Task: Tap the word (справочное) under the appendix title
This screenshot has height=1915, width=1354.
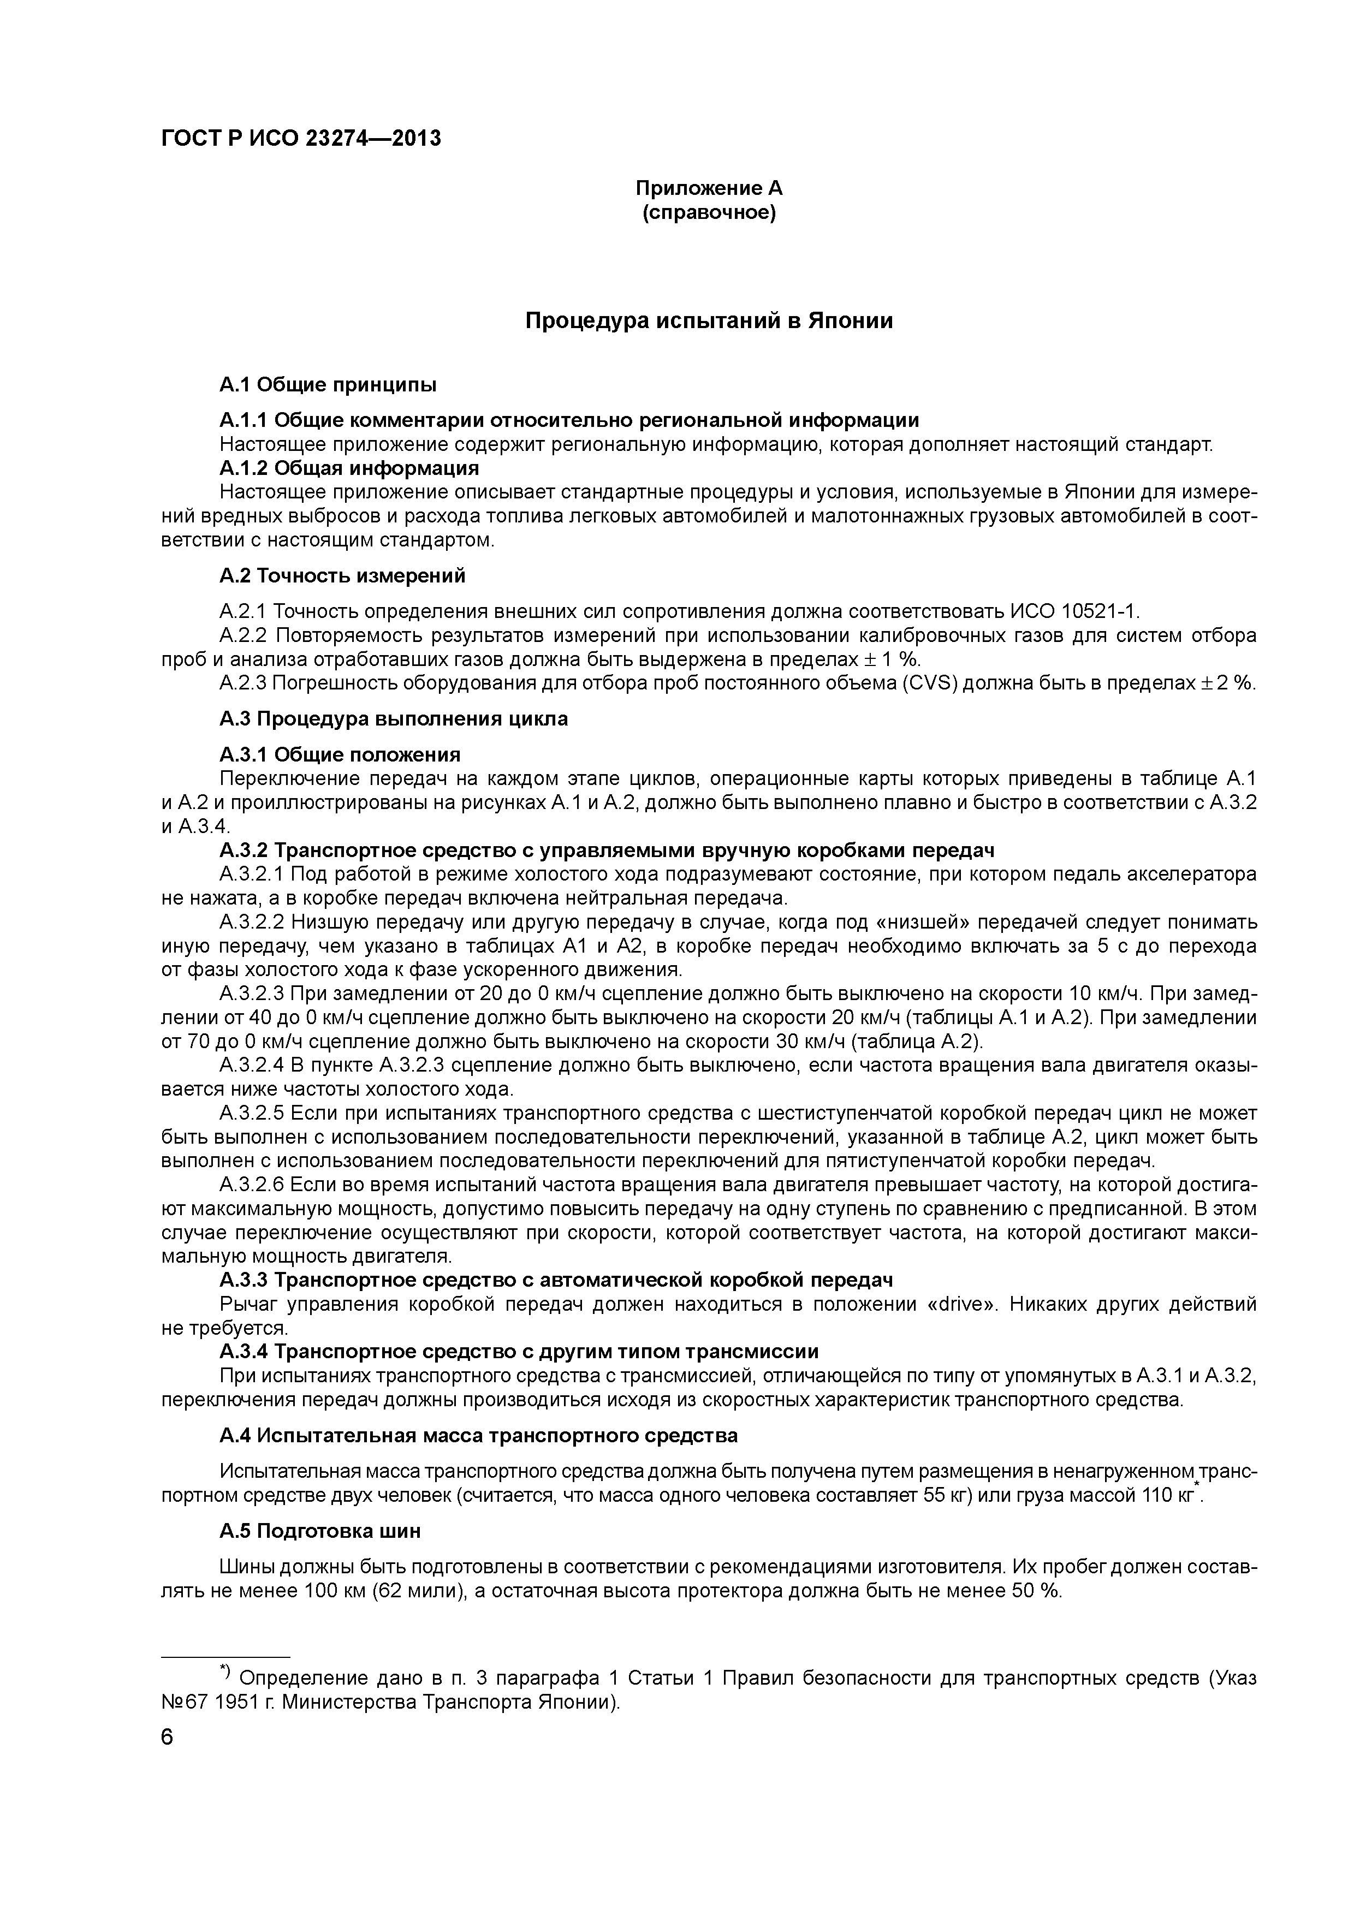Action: coord(709,213)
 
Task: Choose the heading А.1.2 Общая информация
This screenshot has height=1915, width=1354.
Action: coord(349,468)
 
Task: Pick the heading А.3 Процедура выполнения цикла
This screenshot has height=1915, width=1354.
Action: coord(393,719)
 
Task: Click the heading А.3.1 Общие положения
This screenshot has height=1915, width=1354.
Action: coord(340,755)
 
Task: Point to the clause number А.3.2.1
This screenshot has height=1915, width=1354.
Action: coord(252,875)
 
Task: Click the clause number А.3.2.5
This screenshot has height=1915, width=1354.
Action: coord(252,1114)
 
